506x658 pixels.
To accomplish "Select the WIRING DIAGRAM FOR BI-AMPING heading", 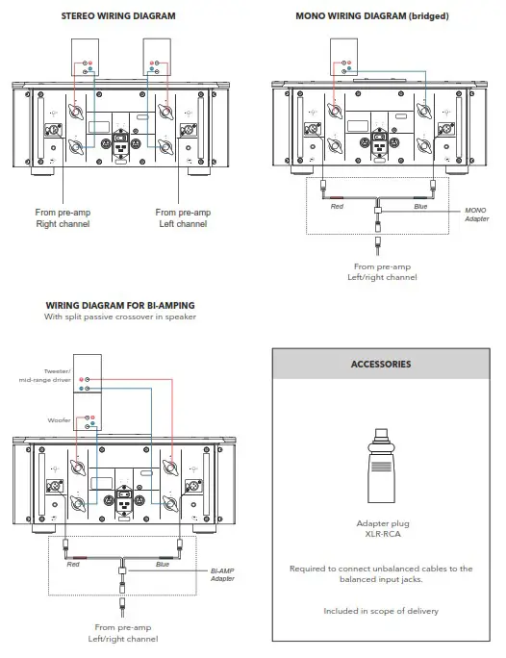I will [x=120, y=306].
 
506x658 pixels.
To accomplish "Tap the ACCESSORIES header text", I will [x=381, y=365].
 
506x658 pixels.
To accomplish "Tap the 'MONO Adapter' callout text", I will [x=476, y=214].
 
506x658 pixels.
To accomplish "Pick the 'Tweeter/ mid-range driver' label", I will [x=62, y=375].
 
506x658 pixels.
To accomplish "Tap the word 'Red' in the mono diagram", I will [x=337, y=207].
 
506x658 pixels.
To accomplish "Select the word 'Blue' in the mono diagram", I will [x=420, y=207].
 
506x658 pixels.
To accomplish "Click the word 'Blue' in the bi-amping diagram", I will [x=162, y=565].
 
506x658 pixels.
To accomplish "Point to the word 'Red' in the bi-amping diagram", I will [x=73, y=565].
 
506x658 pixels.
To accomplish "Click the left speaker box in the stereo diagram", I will [x=88, y=57].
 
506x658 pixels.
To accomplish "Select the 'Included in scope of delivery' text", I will [x=381, y=611].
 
